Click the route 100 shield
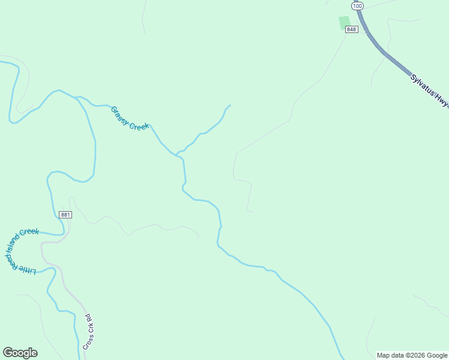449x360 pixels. (x=358, y=6)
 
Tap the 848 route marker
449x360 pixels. (x=352, y=29)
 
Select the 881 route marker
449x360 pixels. (x=65, y=215)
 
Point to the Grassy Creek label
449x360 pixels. (x=130, y=118)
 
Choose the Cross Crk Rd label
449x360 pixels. (x=89, y=332)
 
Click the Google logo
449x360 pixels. (x=20, y=353)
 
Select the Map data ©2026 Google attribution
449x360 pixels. (x=412, y=355)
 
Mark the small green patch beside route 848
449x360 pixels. (x=344, y=23)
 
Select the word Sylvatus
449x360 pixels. (x=423, y=85)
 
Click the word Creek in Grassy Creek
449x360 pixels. (x=139, y=124)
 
